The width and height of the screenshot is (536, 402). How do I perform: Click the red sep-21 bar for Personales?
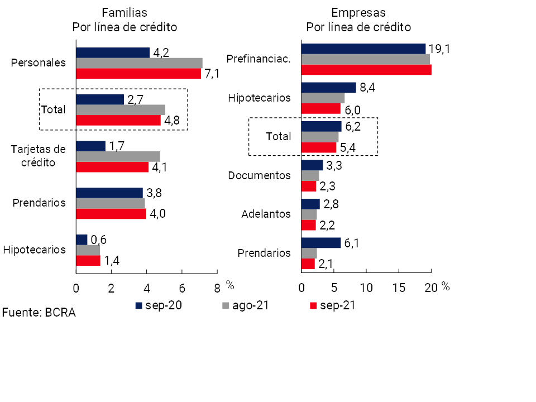pos(138,74)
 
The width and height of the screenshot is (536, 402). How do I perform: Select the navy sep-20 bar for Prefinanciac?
pos(363,49)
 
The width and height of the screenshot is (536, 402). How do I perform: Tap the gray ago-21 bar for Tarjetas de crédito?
pos(118,156)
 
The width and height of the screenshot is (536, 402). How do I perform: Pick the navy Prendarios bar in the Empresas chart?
pos(320,243)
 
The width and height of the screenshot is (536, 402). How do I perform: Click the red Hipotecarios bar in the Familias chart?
pos(88,260)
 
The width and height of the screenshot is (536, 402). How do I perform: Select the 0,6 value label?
pos(98,240)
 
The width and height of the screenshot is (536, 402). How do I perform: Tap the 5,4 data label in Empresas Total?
pos(347,148)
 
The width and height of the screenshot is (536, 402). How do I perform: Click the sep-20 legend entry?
pos(160,305)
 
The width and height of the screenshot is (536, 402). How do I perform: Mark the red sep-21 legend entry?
pos(333,305)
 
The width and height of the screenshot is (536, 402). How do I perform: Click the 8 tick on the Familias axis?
pos(217,288)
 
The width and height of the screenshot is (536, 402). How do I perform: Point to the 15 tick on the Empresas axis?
pos(399,288)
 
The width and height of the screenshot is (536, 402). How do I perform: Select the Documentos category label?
pos(260,175)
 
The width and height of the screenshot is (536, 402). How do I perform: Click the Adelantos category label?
pos(266,214)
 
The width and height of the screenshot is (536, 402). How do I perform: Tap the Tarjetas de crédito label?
pos(39,156)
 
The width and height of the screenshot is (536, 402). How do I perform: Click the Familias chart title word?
pos(124,12)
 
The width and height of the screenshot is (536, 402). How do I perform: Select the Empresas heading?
pos(358,12)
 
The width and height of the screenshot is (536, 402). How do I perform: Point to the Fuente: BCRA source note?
pos(39,313)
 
